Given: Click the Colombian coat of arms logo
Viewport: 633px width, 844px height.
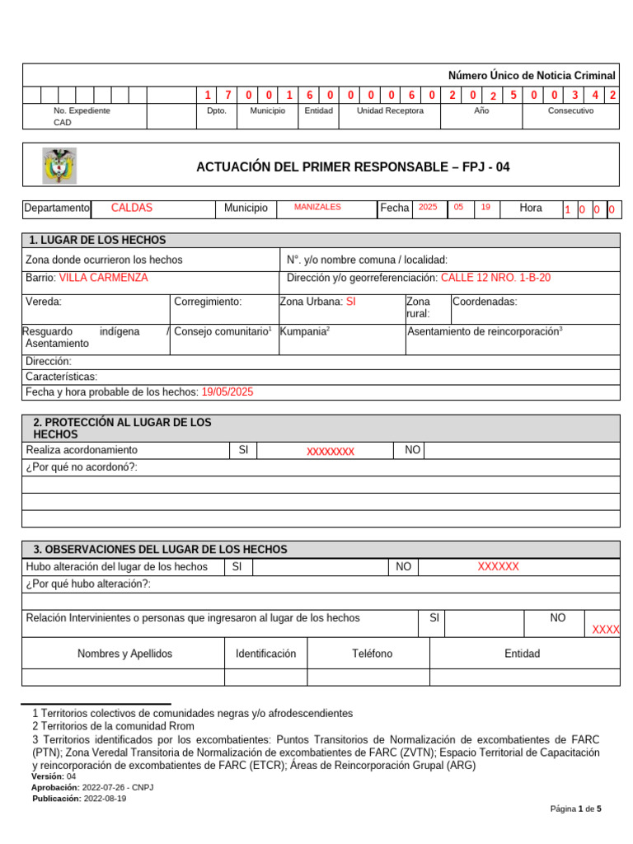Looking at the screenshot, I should tap(59, 166).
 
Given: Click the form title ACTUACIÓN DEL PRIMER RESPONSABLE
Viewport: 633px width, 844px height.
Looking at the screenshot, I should tap(353, 166).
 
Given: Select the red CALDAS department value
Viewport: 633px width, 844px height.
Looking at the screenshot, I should tap(132, 208).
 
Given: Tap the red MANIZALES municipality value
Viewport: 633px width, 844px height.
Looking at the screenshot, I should tap(317, 208).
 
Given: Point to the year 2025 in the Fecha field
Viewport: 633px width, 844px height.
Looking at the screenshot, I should tap(428, 208).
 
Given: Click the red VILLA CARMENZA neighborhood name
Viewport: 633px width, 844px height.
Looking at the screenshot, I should tap(104, 278).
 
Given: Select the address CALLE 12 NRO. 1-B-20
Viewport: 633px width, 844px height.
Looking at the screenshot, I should tap(495, 278).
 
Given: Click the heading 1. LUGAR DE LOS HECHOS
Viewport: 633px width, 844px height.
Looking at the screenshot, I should tap(97, 240).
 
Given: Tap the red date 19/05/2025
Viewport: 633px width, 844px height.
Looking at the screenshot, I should tap(227, 392).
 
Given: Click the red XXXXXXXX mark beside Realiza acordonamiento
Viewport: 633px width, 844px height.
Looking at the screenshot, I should tap(331, 451).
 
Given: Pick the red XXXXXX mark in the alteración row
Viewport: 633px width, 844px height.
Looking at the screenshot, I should tap(499, 566).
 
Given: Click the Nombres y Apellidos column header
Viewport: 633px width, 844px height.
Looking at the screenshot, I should tap(124, 654).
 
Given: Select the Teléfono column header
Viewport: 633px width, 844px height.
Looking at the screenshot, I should tap(372, 654).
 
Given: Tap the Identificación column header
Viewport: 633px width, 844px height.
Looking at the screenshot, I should tap(265, 654).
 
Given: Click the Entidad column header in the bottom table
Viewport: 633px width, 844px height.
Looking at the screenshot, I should tap(523, 654).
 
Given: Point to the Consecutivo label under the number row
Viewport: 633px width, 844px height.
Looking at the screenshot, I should tap(570, 110).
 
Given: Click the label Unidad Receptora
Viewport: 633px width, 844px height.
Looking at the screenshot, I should tap(390, 110).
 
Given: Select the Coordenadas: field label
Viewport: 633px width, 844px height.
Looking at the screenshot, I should tap(485, 302).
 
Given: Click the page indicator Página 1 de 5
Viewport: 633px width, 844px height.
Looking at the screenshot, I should tap(575, 809).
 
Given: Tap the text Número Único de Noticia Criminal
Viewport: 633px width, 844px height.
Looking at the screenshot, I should tap(532, 75).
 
